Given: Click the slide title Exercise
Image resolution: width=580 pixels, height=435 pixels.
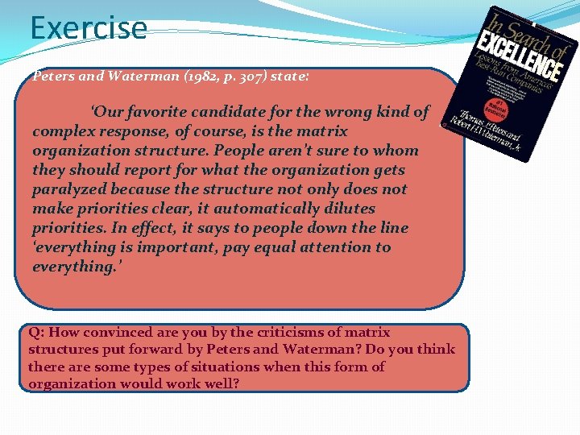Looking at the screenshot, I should pyautogui.click(x=89, y=28).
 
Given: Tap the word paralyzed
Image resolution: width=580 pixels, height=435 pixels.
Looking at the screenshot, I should pyautogui.click(x=67, y=189).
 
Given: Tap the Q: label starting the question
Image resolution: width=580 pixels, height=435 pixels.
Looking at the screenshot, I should pyautogui.click(x=38, y=332).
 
